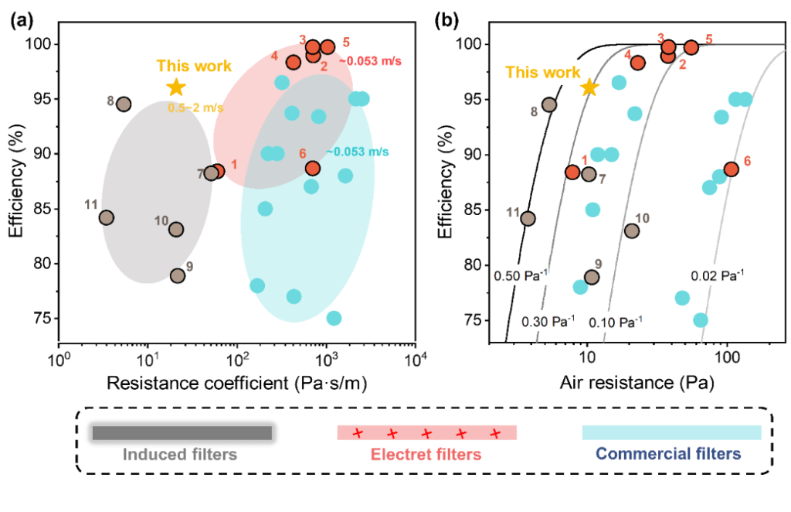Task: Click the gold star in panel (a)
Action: coord(176,87)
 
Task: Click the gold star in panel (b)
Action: coord(589,87)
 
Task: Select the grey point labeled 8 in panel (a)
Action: coord(123,104)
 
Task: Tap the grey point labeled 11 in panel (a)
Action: coord(107,218)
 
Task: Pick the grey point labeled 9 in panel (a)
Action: coord(178,275)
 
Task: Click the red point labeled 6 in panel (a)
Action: coord(313,168)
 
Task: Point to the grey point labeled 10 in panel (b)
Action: coord(632,230)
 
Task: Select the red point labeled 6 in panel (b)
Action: coord(731,169)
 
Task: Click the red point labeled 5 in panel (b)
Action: coord(691,47)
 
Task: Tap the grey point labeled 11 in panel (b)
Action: coord(528,218)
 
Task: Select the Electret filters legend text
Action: coord(427,454)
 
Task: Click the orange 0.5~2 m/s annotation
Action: coord(195,108)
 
